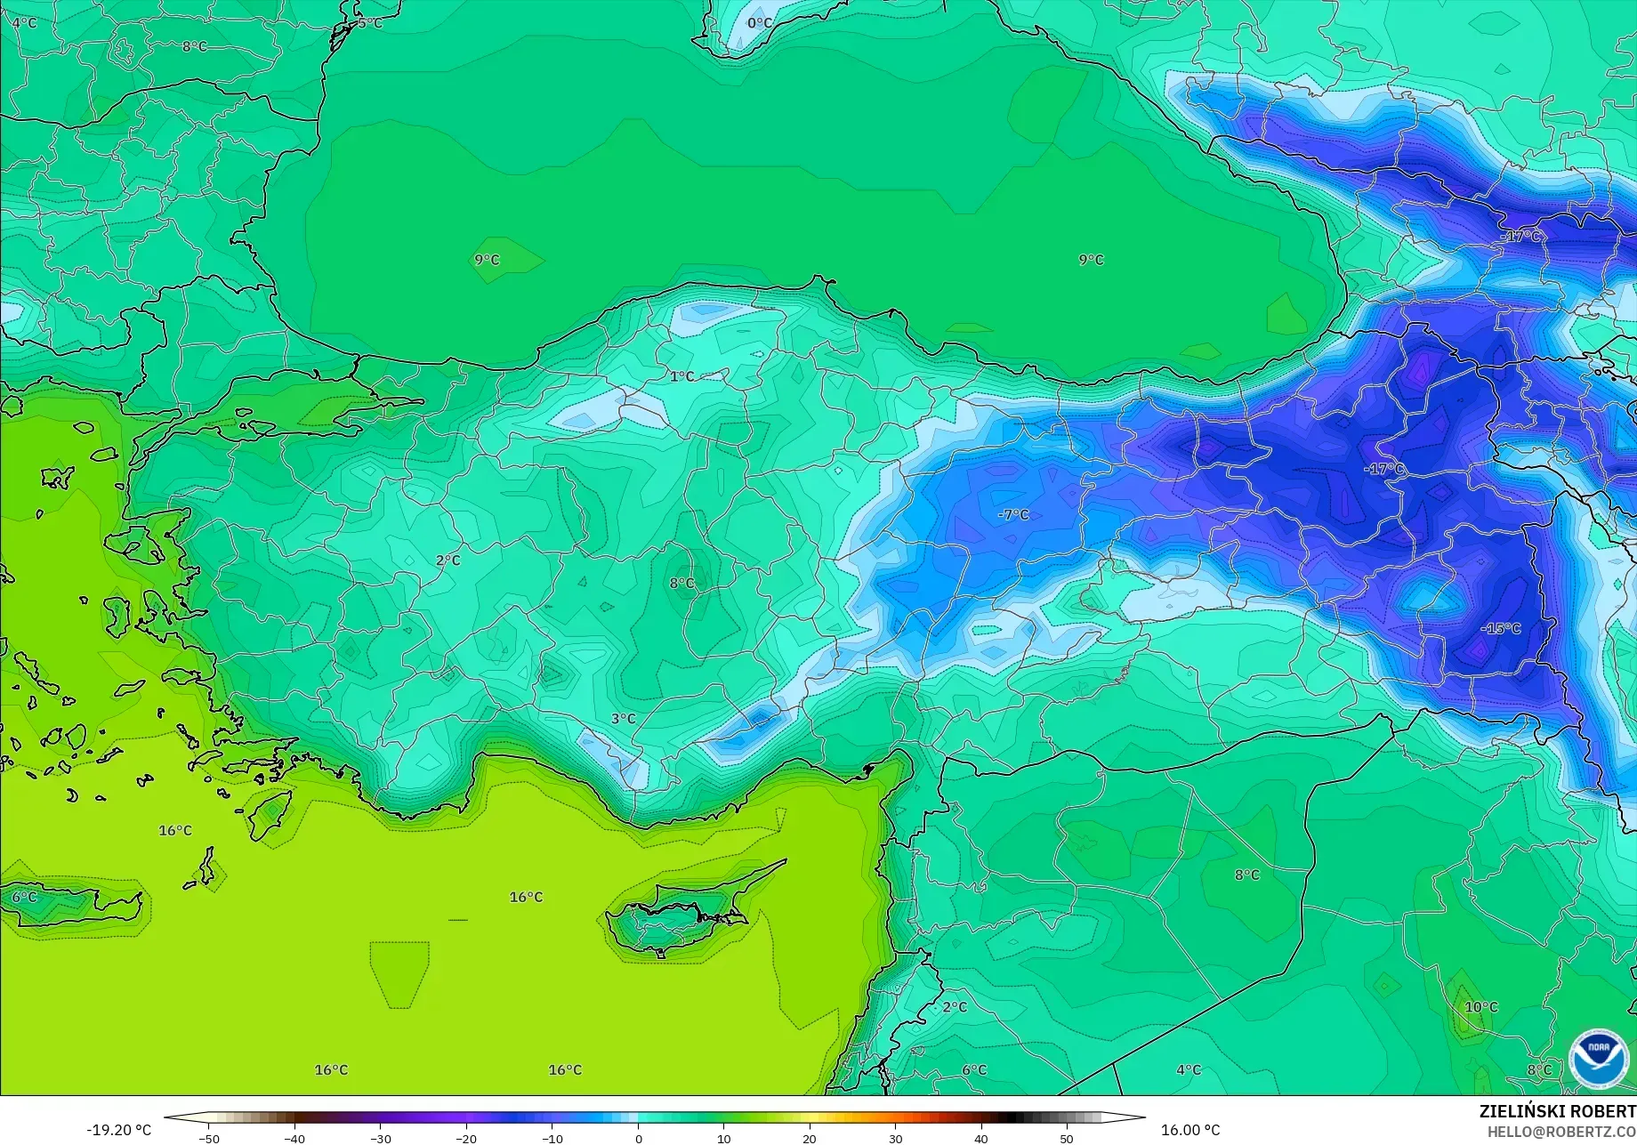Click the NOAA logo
tap(1599, 1058)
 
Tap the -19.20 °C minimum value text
tap(119, 1130)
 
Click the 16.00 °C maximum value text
tap(1191, 1130)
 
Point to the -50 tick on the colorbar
tap(210, 1138)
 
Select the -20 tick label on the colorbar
tap(466, 1138)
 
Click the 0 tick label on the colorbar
tap(638, 1138)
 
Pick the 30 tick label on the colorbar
tap(895, 1138)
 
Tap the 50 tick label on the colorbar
tap(1067, 1138)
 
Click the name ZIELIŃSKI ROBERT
tap(1557, 1111)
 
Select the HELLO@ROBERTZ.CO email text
tap(1561, 1131)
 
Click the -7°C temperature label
tap(1013, 514)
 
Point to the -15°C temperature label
tap(1501, 628)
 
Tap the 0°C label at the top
tap(760, 22)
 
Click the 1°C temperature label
tap(682, 376)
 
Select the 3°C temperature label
tap(624, 718)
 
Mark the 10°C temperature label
tap(1481, 1007)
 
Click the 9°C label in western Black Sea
tap(487, 260)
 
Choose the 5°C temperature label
tap(370, 22)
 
